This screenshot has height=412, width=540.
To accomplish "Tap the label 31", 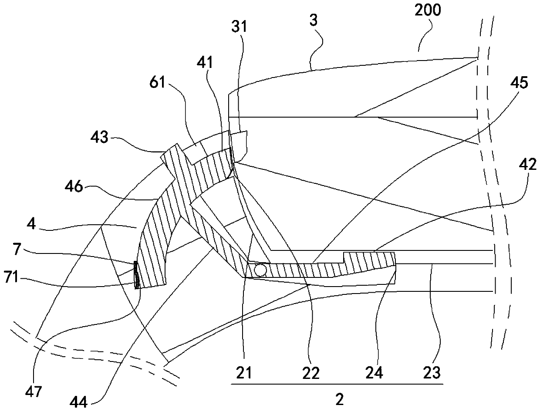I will point(239,27).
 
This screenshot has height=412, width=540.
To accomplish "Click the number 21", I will point(243,373).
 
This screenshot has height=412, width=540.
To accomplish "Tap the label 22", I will point(312,373).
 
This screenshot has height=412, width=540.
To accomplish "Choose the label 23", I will point(432,373).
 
